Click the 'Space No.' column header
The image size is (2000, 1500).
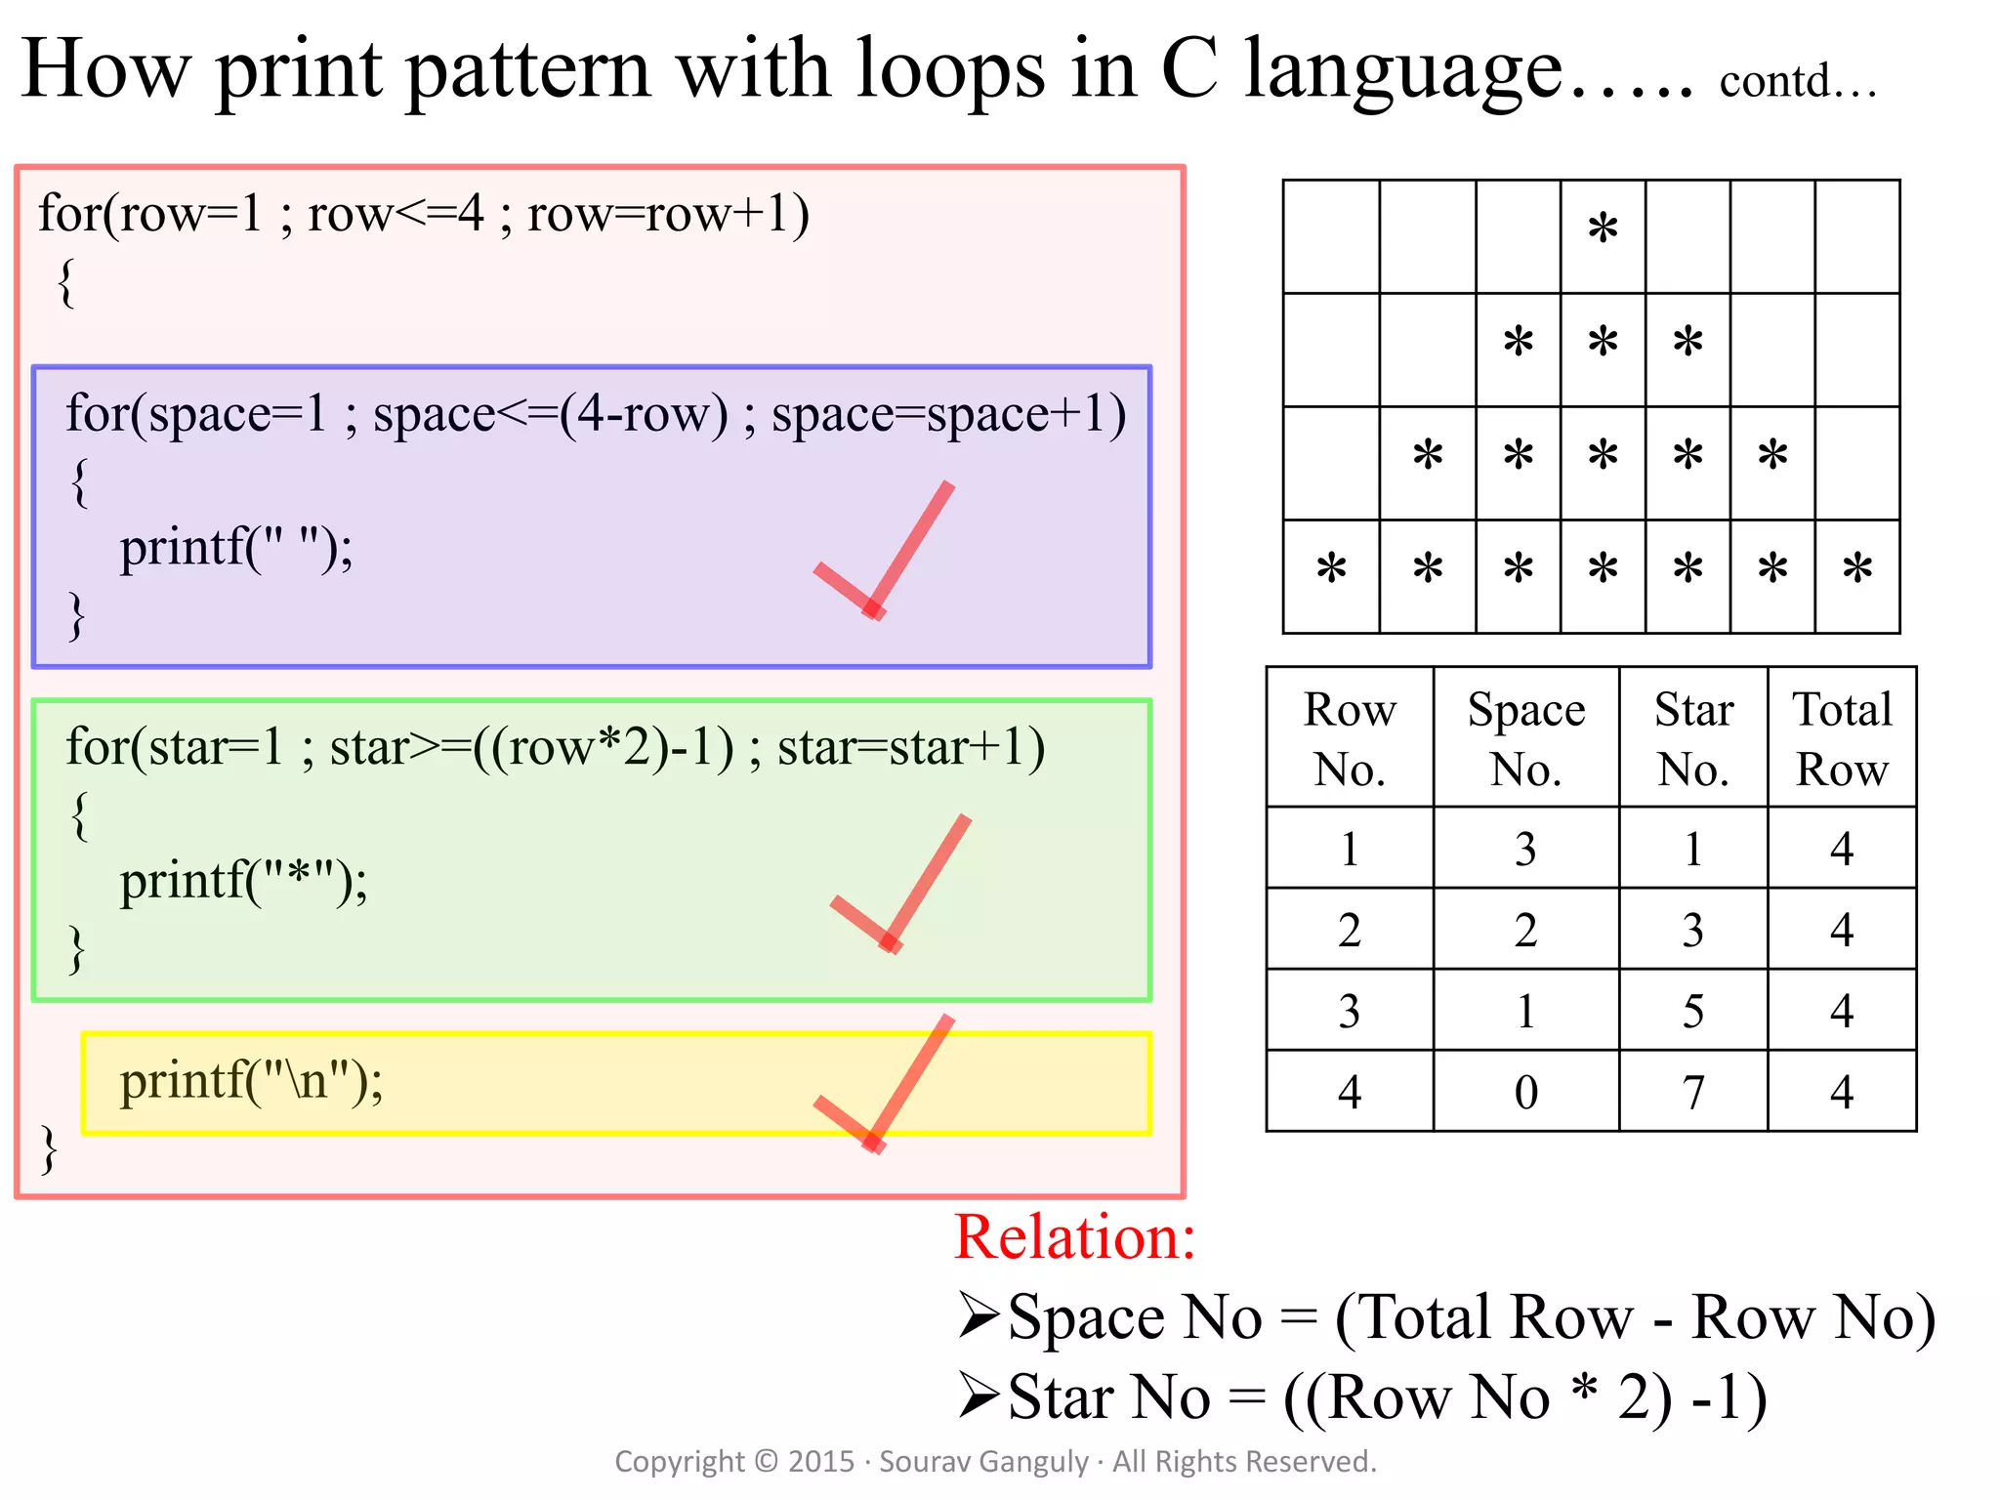pyautogui.click(x=1525, y=738)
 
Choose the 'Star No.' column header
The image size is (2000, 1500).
pyautogui.click(x=1693, y=738)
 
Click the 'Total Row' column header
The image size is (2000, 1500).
pyautogui.click(x=1842, y=738)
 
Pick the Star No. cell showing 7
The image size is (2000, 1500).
pyautogui.click(x=1693, y=1092)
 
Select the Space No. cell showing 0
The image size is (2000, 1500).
pyautogui.click(x=1525, y=1092)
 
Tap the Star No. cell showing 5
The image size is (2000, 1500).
pyautogui.click(x=1693, y=1011)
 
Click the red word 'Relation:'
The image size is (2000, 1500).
pyautogui.click(x=1075, y=1237)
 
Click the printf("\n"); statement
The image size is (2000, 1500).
pyautogui.click(x=251, y=1082)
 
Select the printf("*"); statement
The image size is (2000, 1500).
pyautogui.click(x=243, y=881)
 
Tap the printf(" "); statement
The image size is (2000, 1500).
pyautogui.click(x=236, y=548)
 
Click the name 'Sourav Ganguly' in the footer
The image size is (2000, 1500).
pyautogui.click(x=983, y=1462)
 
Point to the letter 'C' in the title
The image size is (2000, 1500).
pyautogui.click(x=1189, y=70)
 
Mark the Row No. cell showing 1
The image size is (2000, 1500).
pyautogui.click(x=1350, y=849)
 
